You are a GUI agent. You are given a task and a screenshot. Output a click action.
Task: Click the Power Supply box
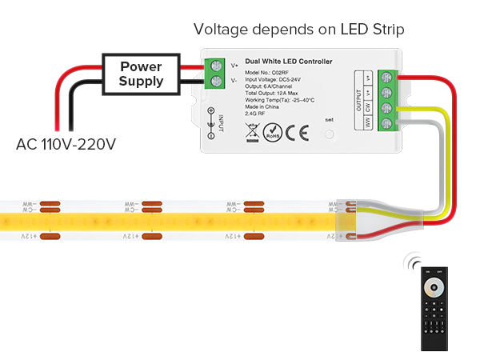pos(142,73)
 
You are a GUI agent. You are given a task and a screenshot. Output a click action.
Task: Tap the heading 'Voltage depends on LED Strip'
pos(298,30)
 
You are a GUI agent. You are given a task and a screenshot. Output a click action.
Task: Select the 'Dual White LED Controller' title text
pos(289,62)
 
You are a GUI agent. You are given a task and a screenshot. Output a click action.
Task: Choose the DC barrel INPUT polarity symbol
pos(211,117)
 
